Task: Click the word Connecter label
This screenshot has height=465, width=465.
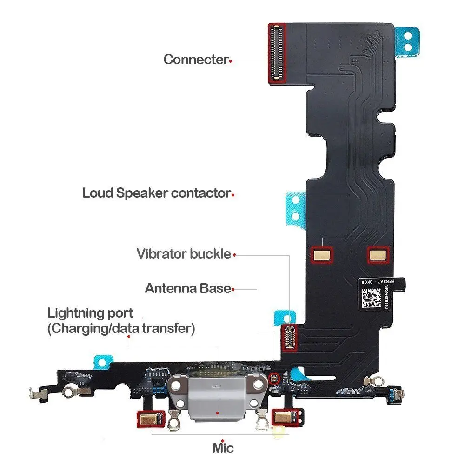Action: click(196, 60)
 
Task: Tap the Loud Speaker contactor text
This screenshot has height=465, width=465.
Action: click(156, 193)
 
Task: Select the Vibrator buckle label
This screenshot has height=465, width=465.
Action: click(184, 254)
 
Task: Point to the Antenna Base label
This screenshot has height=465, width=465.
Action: click(188, 288)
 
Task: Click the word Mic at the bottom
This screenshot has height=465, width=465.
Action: click(223, 448)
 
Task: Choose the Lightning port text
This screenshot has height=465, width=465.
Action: click(90, 313)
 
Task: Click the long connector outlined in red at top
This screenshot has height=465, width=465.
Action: click(278, 53)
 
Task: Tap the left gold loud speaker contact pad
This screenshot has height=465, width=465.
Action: click(323, 254)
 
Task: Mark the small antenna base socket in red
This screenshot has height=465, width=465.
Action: click(275, 379)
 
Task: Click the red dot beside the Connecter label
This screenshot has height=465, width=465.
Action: click(231, 60)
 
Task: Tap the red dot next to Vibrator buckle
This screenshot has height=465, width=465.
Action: click(234, 255)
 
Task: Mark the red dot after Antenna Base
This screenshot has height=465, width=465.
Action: click(233, 289)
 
